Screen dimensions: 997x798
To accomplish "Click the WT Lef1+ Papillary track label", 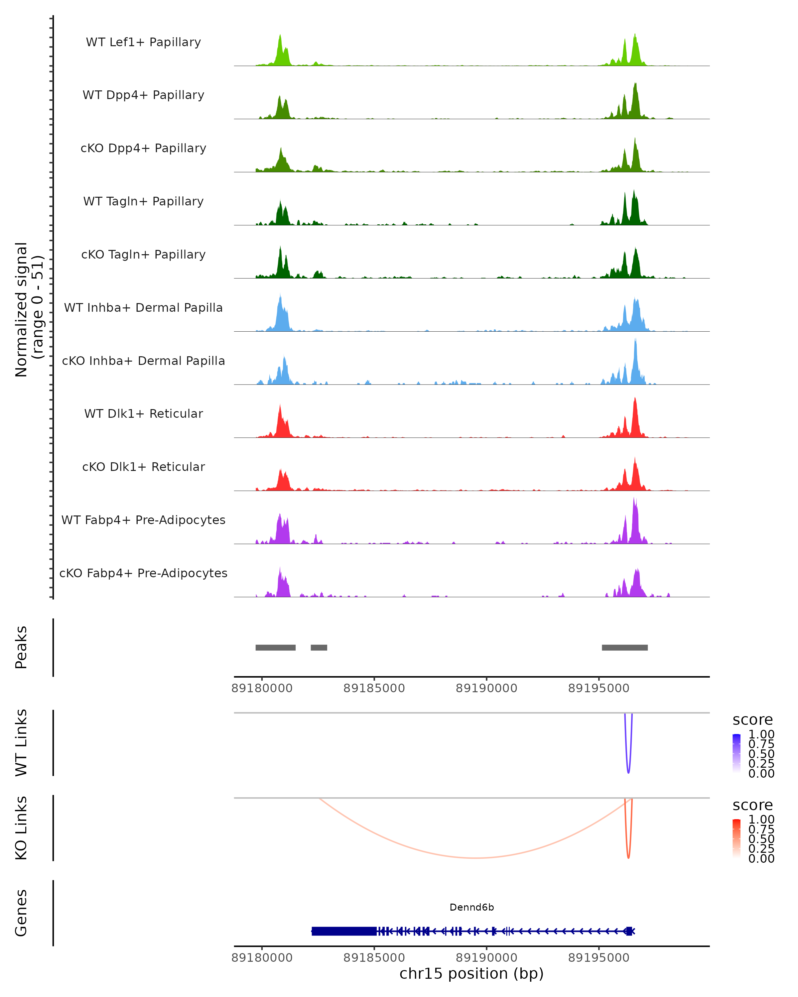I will pyautogui.click(x=143, y=42).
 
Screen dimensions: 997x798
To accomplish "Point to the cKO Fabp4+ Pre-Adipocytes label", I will pyautogui.click(x=143, y=573).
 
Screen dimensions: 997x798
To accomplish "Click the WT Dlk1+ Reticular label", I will pyautogui.click(x=143, y=413).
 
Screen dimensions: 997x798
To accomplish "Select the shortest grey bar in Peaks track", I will pyautogui.click(x=319, y=647).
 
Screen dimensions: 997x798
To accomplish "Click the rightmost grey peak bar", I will pyautogui.click(x=624, y=647).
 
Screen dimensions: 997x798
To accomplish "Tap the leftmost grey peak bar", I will pyautogui.click(x=275, y=647).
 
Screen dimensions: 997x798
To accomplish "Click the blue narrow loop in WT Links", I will pyautogui.click(x=628, y=770).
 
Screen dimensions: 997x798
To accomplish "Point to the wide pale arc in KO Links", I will pyautogui.click(x=475, y=858).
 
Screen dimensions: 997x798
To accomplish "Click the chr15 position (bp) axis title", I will pyautogui.click(x=471, y=974).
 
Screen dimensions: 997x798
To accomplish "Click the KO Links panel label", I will pyautogui.click(x=21, y=828).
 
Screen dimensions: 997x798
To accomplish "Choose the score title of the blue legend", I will pyautogui.click(x=753, y=720).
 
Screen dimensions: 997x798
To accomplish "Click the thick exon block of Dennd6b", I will pyautogui.click(x=344, y=931).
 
